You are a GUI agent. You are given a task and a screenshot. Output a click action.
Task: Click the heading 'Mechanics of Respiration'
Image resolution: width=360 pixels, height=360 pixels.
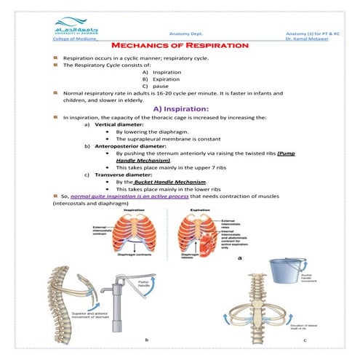coord(180,45)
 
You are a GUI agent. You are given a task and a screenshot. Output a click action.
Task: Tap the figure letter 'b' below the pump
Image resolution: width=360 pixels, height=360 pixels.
coord(148,340)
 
